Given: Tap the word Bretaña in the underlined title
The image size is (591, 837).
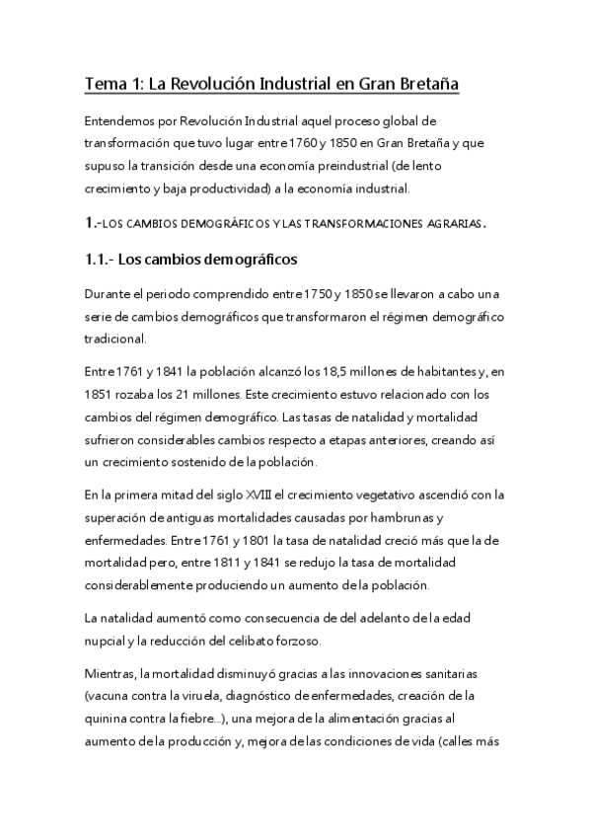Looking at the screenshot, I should [424, 85].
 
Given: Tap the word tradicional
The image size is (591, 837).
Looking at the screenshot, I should [115, 339].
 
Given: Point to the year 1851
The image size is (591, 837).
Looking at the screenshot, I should [101, 394].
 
